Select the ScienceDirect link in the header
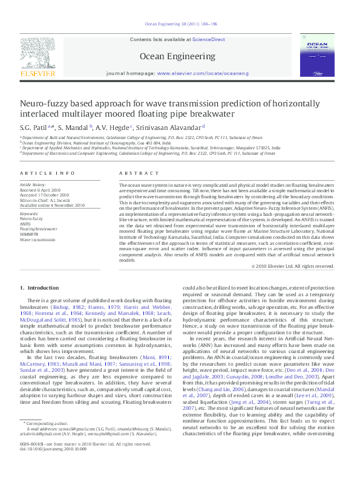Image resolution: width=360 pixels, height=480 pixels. (x=208, y=39)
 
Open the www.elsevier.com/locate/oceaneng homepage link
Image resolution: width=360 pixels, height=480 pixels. (x=195, y=73)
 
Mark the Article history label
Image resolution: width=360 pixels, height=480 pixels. (x=33, y=183)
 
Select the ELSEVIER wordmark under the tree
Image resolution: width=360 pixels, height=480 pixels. (x=38, y=74)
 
